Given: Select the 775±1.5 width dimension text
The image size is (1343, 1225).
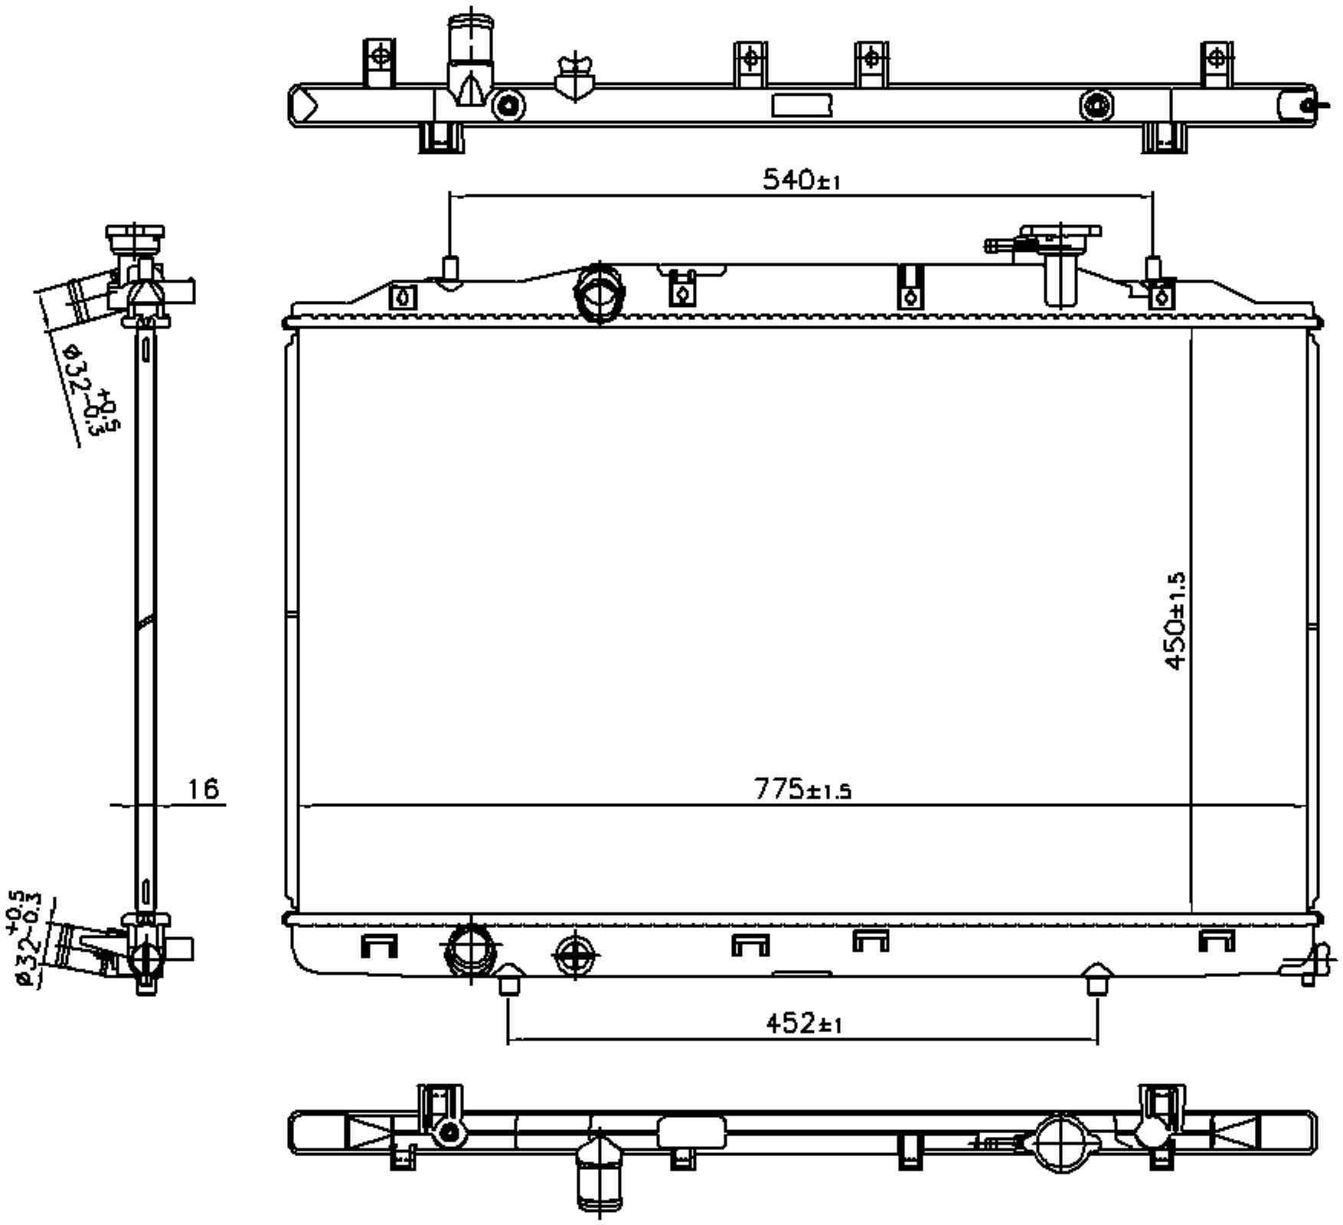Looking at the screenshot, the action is pyautogui.click(x=802, y=789).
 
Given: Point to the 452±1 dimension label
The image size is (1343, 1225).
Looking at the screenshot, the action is pyautogui.click(x=803, y=1023).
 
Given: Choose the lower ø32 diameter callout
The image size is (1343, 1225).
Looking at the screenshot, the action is pyautogui.click(x=25, y=939).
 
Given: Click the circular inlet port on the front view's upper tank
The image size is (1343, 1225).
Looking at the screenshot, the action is pyautogui.click(x=600, y=293).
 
